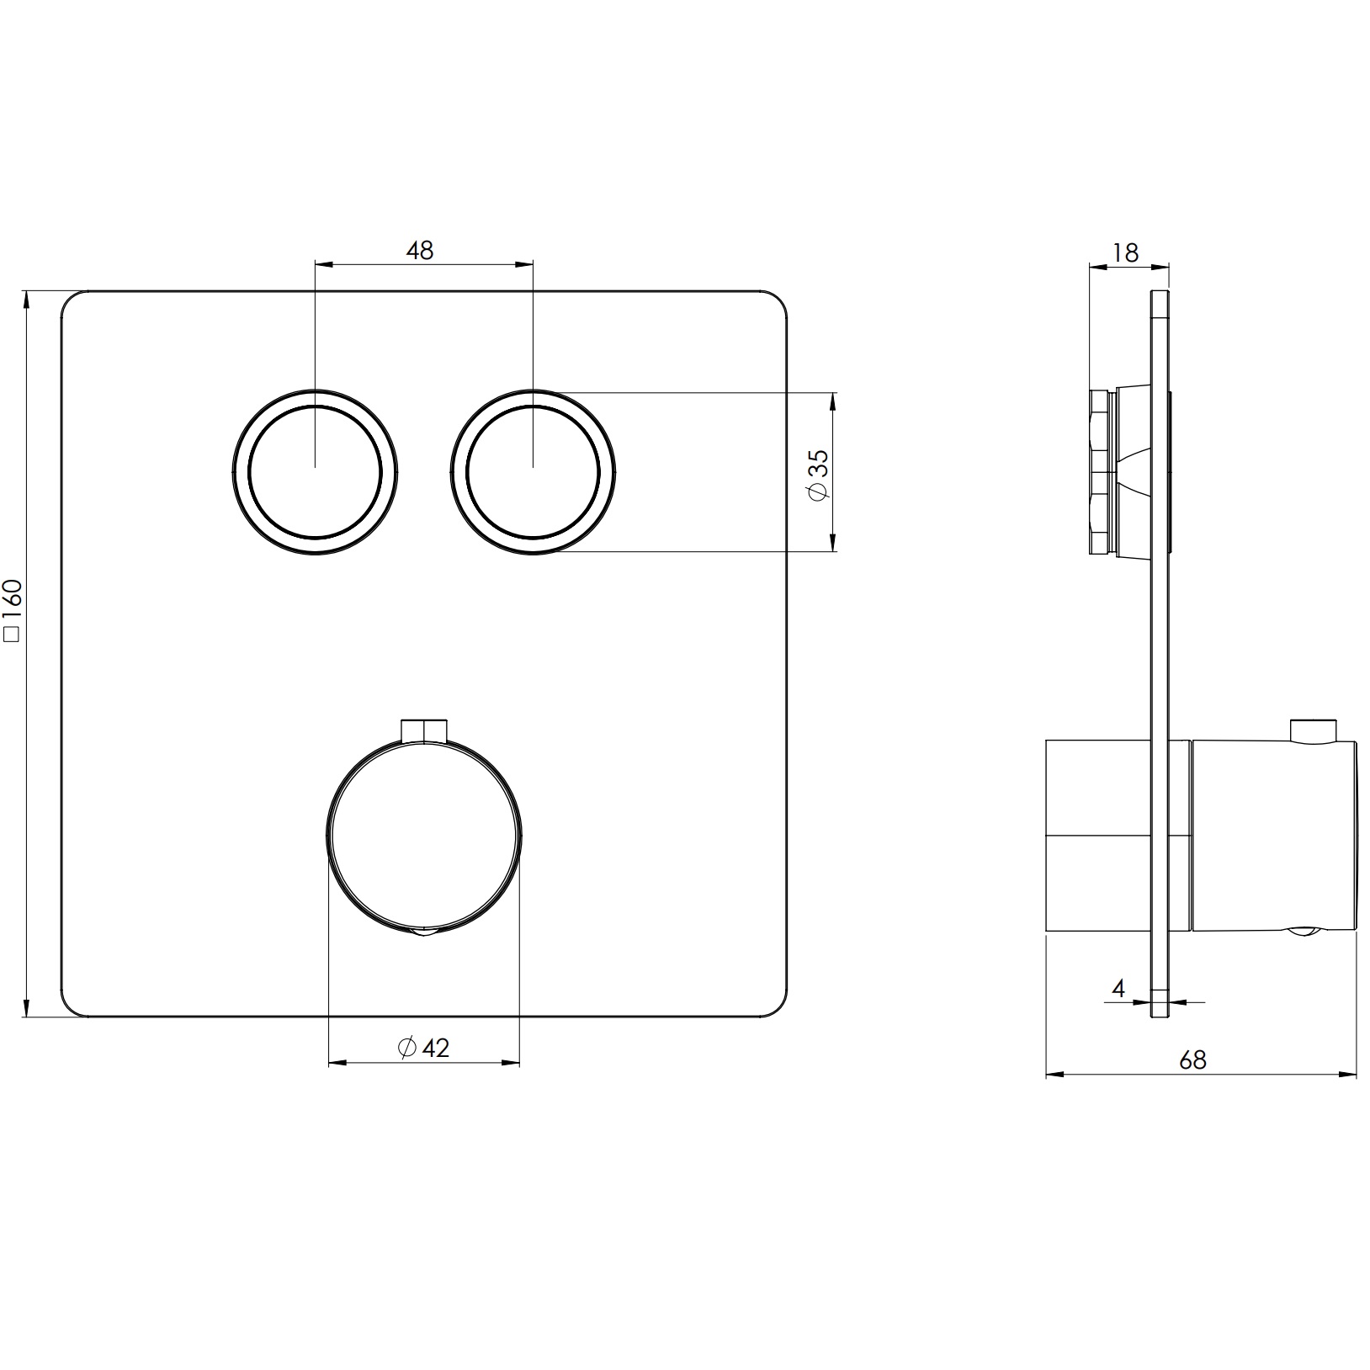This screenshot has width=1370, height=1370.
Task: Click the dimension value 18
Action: (x=1125, y=252)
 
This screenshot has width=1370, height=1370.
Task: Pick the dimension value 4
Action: (x=1118, y=988)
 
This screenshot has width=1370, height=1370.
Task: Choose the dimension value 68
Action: (x=1192, y=1059)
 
